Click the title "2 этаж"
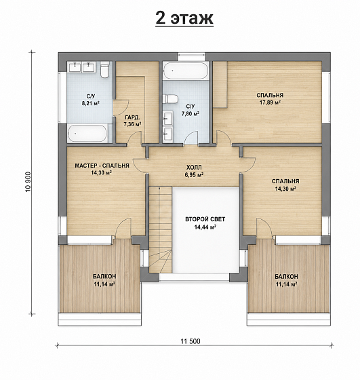(184, 18)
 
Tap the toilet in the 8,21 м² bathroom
(104, 69)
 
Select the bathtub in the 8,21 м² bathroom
(87, 133)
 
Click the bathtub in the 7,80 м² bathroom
(186, 71)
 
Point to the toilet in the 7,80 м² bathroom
(170, 99)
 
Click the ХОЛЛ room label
(194, 168)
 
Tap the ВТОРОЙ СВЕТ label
(205, 219)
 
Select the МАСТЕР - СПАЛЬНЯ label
(102, 166)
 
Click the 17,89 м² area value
(270, 102)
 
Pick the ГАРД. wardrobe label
(132, 118)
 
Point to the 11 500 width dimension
(191, 341)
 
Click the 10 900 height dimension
(28, 182)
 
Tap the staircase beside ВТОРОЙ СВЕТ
(160, 230)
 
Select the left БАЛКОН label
(104, 277)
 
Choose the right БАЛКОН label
(286, 277)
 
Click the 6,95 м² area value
(194, 174)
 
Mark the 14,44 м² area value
(205, 227)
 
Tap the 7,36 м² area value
(132, 125)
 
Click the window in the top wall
(191, 57)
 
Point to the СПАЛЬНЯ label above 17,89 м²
(270, 95)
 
